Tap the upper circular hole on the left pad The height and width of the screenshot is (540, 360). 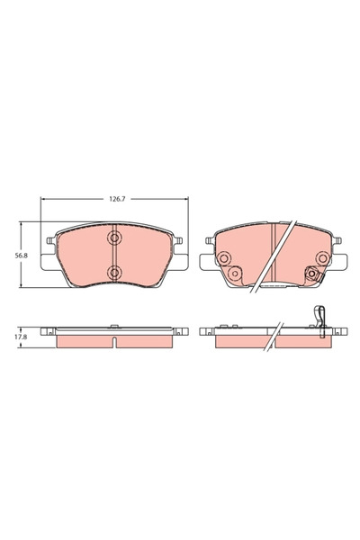click(114, 238)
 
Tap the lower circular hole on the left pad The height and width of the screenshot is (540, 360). click(114, 272)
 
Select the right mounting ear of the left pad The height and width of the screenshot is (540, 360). click(178, 243)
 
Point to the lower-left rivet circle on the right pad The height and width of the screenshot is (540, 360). click(233, 274)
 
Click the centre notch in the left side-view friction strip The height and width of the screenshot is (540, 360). click(114, 341)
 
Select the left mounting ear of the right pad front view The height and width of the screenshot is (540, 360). click(208, 243)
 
